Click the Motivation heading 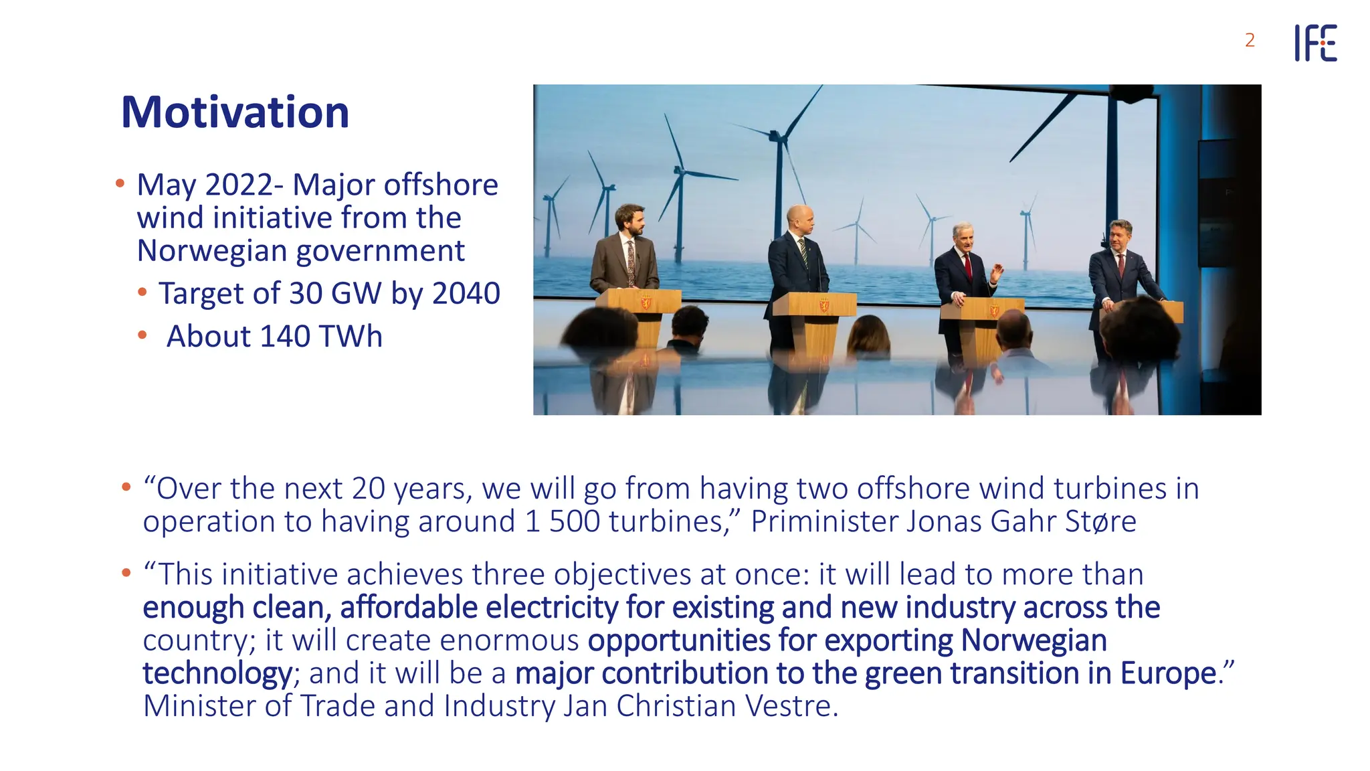click(235, 112)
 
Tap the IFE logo click(1315, 43)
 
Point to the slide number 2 click(1250, 41)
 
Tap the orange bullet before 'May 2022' click(120, 183)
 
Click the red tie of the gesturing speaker click(967, 265)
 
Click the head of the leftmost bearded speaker click(629, 220)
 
